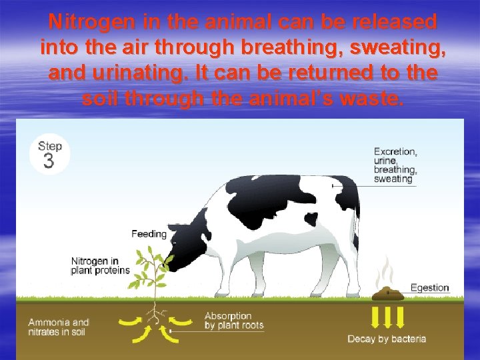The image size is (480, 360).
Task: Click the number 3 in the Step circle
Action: point(49,161)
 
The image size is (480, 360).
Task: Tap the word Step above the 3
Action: point(50,146)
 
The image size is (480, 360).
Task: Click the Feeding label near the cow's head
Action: point(149,234)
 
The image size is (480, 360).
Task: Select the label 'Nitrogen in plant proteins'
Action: point(100,265)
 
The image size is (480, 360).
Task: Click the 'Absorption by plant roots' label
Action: point(233,321)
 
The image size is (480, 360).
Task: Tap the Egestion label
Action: point(429,288)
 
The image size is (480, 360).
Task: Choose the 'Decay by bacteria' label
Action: point(387,339)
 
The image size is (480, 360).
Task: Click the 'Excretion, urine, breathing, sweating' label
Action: point(395,165)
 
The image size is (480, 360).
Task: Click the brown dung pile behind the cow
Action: point(387,293)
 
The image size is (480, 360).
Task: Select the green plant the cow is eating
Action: point(155,273)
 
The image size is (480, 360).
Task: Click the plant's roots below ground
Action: point(155,313)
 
